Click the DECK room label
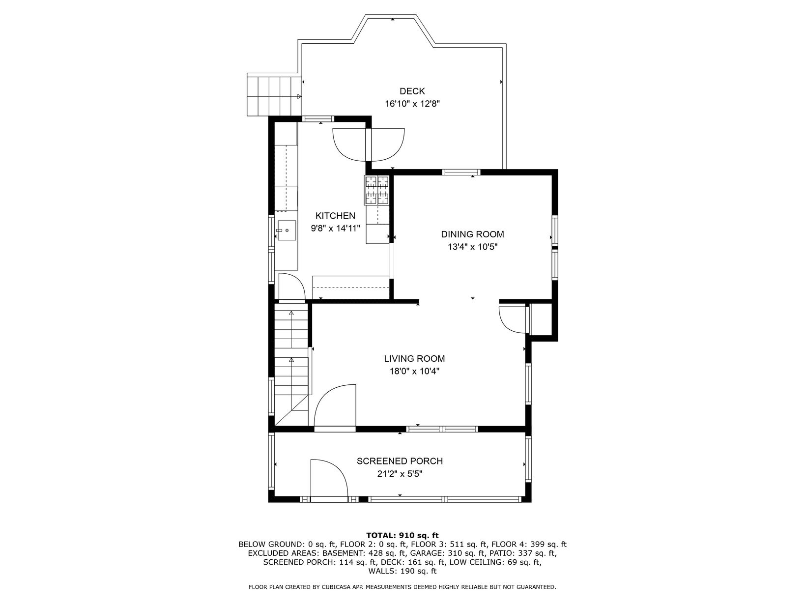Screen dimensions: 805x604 tap(412, 91)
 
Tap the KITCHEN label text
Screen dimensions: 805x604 tap(335, 216)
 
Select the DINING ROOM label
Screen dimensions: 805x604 tap(472, 234)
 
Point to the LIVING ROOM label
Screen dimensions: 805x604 tap(414, 358)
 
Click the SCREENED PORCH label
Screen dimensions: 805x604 tap(400, 461)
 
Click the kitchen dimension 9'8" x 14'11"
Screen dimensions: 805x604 tap(336, 229)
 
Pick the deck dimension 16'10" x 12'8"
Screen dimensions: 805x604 tap(412, 104)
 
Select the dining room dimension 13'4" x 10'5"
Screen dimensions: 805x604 tap(473, 247)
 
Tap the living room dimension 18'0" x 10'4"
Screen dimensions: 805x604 tap(414, 371)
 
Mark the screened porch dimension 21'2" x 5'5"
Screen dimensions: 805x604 tap(400, 474)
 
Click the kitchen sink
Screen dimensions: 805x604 tap(287, 230)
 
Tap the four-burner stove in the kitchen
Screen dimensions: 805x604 tap(376, 190)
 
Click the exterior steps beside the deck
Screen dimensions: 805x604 tap(274, 95)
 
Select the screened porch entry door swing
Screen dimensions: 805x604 tap(329, 478)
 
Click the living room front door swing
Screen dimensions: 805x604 tap(335, 405)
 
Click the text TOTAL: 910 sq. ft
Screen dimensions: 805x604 tap(402, 535)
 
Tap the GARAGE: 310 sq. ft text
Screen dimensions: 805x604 tap(444, 553)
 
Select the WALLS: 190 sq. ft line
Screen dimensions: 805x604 tap(402, 571)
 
